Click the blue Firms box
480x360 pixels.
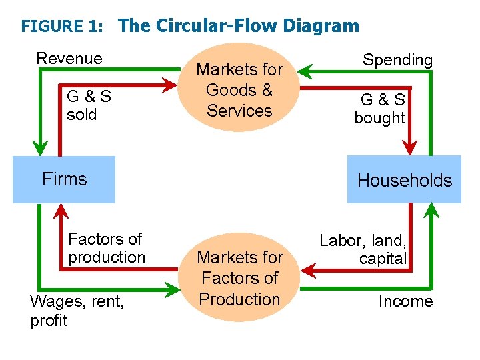pyautogui.click(x=64, y=179)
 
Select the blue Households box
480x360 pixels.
pyautogui.click(x=404, y=180)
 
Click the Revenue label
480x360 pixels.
pyautogui.click(x=69, y=59)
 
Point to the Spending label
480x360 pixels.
pyautogui.click(x=397, y=60)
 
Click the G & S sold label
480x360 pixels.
pyautogui.click(x=89, y=105)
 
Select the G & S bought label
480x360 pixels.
pyautogui.click(x=381, y=109)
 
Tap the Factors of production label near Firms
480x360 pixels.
pyautogui.click(x=106, y=248)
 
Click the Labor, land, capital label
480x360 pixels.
pyautogui.click(x=363, y=249)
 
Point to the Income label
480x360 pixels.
pyautogui.click(x=405, y=301)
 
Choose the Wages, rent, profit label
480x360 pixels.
pyautogui.click(x=77, y=311)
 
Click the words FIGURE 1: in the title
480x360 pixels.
pyautogui.click(x=62, y=27)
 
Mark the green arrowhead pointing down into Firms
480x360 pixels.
pyautogui.click(x=41, y=148)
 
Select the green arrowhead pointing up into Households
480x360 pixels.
pyautogui.click(x=431, y=211)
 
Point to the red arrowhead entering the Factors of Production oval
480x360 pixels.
pyautogui.click(x=306, y=271)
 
